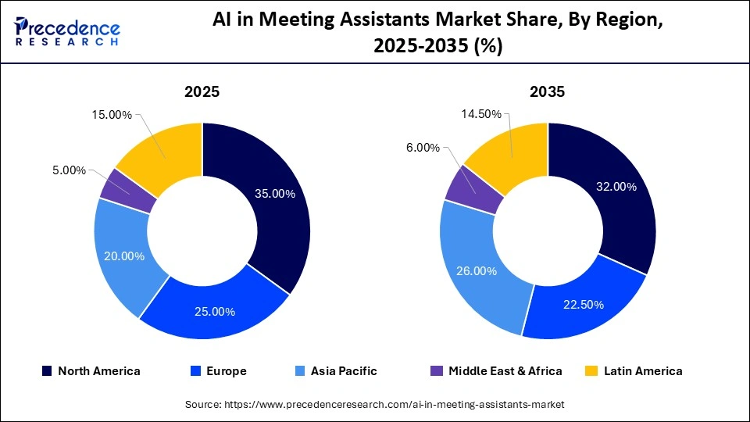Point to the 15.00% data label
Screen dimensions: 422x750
111,114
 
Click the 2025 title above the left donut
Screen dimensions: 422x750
202,92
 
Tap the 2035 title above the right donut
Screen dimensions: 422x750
548,92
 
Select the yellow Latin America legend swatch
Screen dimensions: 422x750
593,371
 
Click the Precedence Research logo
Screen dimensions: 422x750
67,32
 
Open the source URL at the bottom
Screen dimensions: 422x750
375,404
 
